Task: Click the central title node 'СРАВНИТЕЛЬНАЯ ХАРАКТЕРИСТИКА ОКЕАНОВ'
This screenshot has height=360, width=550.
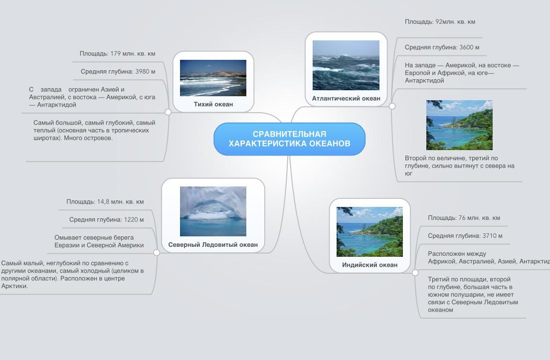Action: click(x=289, y=139)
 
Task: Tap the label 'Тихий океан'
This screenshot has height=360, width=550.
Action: click(x=213, y=104)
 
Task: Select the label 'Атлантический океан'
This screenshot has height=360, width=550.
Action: click(x=346, y=99)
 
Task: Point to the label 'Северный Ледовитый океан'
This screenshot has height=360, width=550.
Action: click(x=213, y=245)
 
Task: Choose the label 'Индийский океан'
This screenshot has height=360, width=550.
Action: click(x=369, y=265)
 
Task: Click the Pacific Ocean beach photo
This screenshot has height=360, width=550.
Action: click(x=213, y=78)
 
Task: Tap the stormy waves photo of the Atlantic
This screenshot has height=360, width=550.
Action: click(x=346, y=65)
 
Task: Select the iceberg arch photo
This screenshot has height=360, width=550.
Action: click(x=213, y=211)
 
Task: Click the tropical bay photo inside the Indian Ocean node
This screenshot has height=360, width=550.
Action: click(x=369, y=231)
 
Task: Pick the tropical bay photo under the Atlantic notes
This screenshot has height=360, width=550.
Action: click(x=460, y=125)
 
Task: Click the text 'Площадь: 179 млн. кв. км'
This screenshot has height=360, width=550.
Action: click(x=118, y=54)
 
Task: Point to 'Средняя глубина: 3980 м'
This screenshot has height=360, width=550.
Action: click(x=118, y=72)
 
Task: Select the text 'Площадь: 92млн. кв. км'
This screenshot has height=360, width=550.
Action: click(x=440, y=22)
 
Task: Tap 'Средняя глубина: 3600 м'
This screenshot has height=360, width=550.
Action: click(x=442, y=47)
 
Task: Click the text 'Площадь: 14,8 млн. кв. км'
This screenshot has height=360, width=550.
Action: click(x=105, y=202)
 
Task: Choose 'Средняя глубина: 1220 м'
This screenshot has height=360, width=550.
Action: click(x=106, y=220)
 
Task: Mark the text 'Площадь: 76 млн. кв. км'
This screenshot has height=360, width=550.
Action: click(x=464, y=218)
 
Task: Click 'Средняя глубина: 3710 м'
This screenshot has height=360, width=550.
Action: click(x=465, y=236)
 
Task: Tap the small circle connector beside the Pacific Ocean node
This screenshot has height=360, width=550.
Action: click(x=168, y=112)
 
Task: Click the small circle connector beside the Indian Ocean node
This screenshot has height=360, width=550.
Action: click(x=415, y=273)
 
